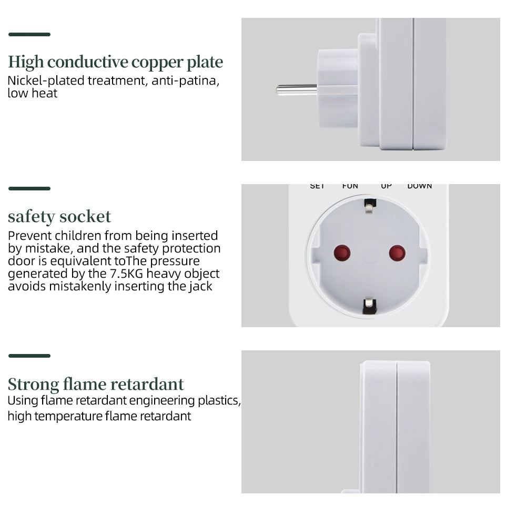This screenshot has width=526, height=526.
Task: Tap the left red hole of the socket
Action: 342,253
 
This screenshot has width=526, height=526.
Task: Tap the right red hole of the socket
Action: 397,253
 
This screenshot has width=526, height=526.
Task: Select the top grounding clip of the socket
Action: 369,205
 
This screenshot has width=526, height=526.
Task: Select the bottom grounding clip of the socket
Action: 369,305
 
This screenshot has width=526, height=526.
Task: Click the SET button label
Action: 317,186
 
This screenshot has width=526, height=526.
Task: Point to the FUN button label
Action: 350,186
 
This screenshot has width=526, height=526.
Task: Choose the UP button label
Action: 386,186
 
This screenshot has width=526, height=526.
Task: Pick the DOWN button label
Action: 419,186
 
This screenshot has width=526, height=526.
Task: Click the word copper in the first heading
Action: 156,63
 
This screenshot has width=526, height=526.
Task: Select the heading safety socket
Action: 59,216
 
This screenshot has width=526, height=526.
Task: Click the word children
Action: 78,236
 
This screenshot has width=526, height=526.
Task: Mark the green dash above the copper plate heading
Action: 29,35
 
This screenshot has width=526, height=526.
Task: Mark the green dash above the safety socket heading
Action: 29,188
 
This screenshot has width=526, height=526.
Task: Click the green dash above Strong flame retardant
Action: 29,356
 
